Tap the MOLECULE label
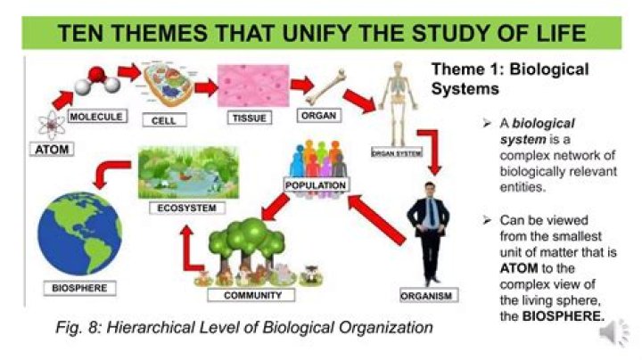(x=96, y=117)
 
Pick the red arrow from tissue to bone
(x=301, y=86)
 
